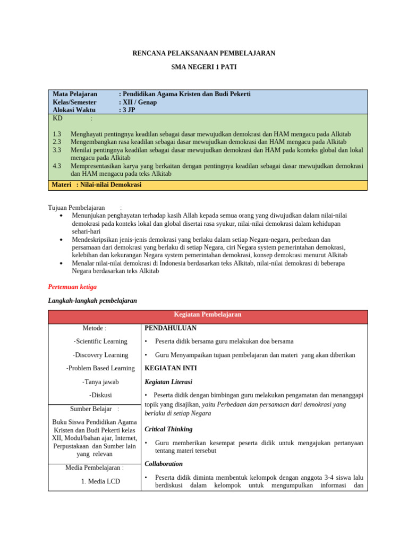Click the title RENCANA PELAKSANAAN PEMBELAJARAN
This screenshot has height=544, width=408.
pos(203,53)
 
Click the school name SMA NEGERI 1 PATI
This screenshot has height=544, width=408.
pos(203,67)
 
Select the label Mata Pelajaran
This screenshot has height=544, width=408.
pos(75,94)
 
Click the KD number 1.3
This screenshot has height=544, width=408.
pos(57,134)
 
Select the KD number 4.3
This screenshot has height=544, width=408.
pos(57,166)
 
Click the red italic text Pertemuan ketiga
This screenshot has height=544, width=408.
pos(72,286)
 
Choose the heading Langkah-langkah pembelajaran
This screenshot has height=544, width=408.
pos(92,300)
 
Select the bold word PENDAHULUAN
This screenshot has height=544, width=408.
pos(171,328)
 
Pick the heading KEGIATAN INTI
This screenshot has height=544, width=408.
pos(171,368)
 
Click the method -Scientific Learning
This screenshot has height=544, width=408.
pos(100,341)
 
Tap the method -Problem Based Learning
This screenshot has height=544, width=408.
pos(100,368)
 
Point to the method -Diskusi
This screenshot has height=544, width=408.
pos(100,395)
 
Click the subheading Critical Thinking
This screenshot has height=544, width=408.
pos(168,429)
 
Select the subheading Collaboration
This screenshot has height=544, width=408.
pos(164,464)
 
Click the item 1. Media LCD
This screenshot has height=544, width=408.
pos(100,481)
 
